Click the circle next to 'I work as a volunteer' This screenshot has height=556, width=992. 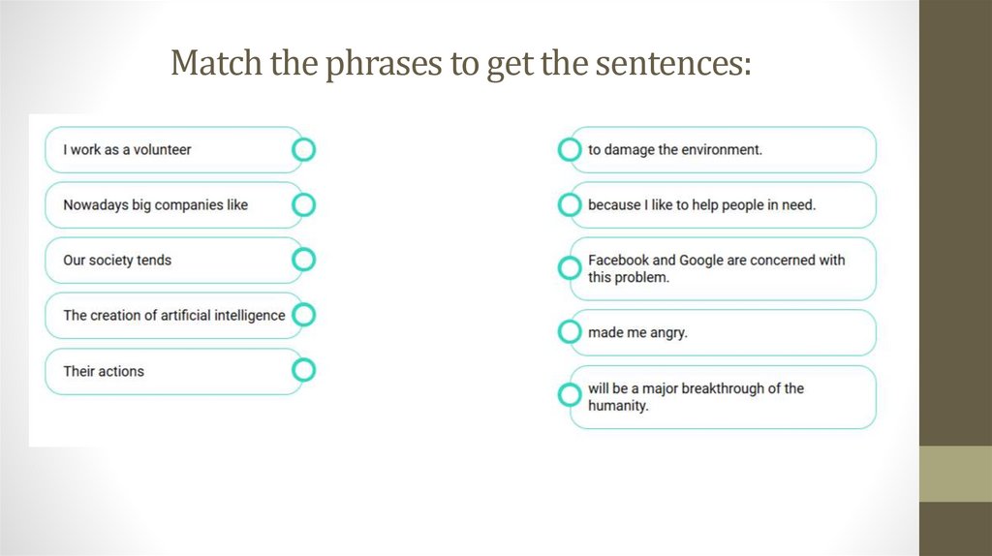(x=303, y=150)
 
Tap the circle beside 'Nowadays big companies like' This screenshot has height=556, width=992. (x=303, y=205)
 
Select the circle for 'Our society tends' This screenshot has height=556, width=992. (x=303, y=260)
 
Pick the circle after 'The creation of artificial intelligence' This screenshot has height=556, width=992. (x=303, y=315)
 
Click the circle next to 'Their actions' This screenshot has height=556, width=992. (x=303, y=370)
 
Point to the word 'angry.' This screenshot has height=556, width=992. (x=666, y=332)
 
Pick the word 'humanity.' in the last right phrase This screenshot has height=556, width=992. (x=618, y=406)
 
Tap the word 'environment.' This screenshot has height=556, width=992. (x=722, y=150)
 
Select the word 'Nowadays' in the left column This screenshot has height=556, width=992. (x=93, y=205)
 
